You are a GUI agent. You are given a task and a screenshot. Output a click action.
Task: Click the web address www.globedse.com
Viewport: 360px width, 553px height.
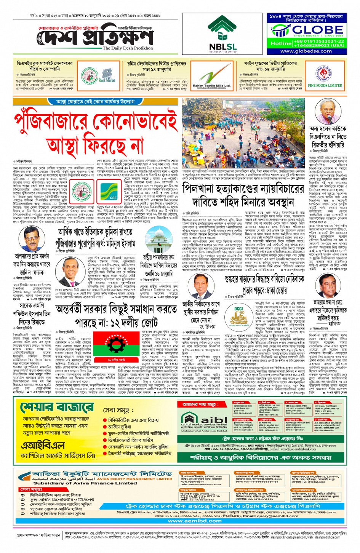[306, 51]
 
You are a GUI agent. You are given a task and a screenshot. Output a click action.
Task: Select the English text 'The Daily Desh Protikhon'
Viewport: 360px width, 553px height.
[128, 48]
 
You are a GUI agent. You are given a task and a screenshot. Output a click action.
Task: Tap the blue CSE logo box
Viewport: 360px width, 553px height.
[113, 190]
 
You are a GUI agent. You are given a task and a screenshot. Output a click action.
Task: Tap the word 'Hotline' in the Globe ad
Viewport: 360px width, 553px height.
[281, 43]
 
